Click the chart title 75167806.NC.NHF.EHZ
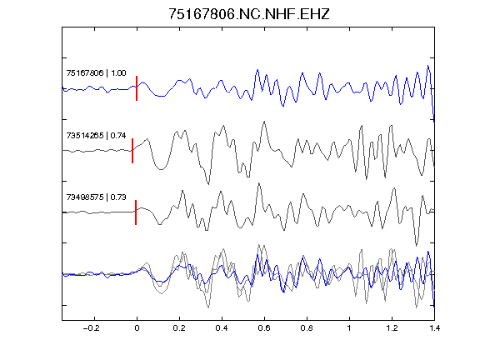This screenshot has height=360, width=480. tap(249, 14)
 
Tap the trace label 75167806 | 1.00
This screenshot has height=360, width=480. tap(96, 72)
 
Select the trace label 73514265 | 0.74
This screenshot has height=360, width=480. tap(96, 135)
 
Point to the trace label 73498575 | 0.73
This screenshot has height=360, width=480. tap(96, 197)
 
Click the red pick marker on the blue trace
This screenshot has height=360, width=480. tap(137, 88)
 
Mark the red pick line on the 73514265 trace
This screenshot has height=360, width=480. tap(132, 151)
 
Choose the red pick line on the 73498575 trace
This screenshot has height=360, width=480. tap(136, 212)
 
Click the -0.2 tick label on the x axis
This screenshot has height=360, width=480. tap(92, 328)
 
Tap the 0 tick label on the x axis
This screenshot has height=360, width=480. tap(137, 328)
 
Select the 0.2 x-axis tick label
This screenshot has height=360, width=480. tap(179, 328)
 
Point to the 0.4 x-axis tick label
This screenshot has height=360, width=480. tap(222, 328)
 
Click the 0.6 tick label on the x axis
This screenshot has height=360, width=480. tap(264, 328)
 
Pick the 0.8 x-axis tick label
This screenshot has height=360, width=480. tap(307, 328)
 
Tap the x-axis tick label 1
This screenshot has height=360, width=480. tap(349, 328)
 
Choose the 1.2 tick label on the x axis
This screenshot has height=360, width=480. tap(392, 328)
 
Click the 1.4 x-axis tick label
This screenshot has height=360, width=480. tap(434, 328)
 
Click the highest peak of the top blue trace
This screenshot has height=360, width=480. tap(428, 66)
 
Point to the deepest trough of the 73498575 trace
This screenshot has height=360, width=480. tap(416, 246)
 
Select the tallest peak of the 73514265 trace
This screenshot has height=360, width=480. tap(264, 122)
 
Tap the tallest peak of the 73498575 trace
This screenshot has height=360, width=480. tap(259, 183)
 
